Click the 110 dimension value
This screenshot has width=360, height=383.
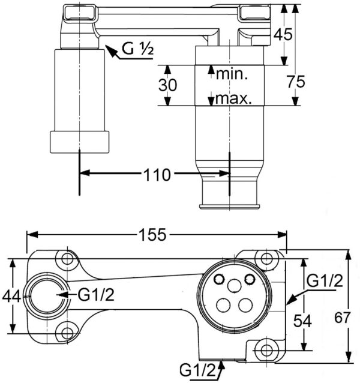point(157,175)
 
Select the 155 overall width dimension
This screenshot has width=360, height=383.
point(152,235)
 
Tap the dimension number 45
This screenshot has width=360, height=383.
point(283,34)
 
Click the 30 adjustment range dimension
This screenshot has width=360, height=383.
point(167,85)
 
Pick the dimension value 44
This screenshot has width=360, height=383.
point(11,297)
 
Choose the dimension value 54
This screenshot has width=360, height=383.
point(302,321)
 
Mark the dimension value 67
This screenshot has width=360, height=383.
point(342,318)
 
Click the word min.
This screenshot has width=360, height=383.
point(232,74)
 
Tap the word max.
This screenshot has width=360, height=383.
point(233,98)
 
